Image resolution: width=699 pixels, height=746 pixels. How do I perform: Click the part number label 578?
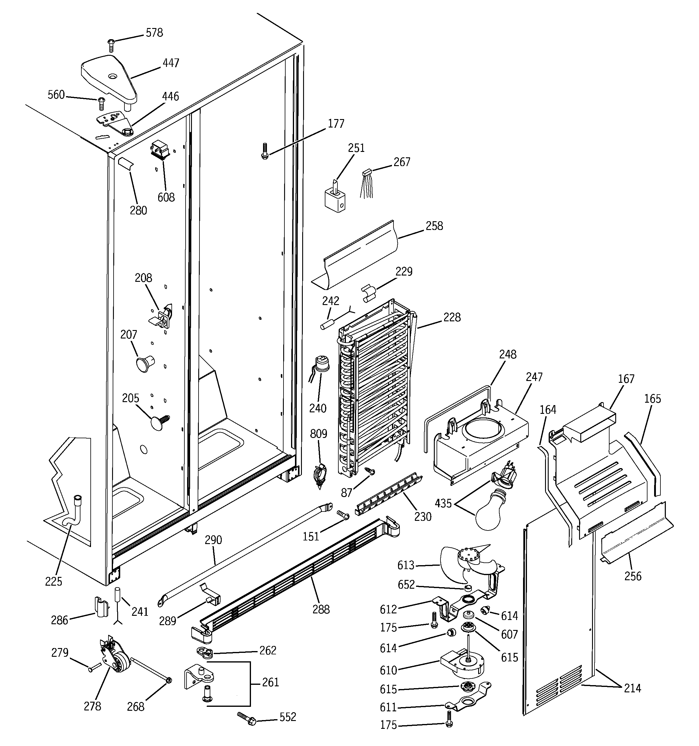click(x=154, y=33)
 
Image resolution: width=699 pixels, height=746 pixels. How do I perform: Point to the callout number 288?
click(x=321, y=609)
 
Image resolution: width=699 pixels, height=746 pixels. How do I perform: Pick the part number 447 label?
click(x=171, y=63)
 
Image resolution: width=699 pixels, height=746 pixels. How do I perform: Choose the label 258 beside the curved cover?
click(x=434, y=226)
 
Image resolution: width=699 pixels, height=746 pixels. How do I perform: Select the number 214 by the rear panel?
click(x=632, y=688)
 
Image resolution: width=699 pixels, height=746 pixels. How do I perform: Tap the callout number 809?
click(x=318, y=434)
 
